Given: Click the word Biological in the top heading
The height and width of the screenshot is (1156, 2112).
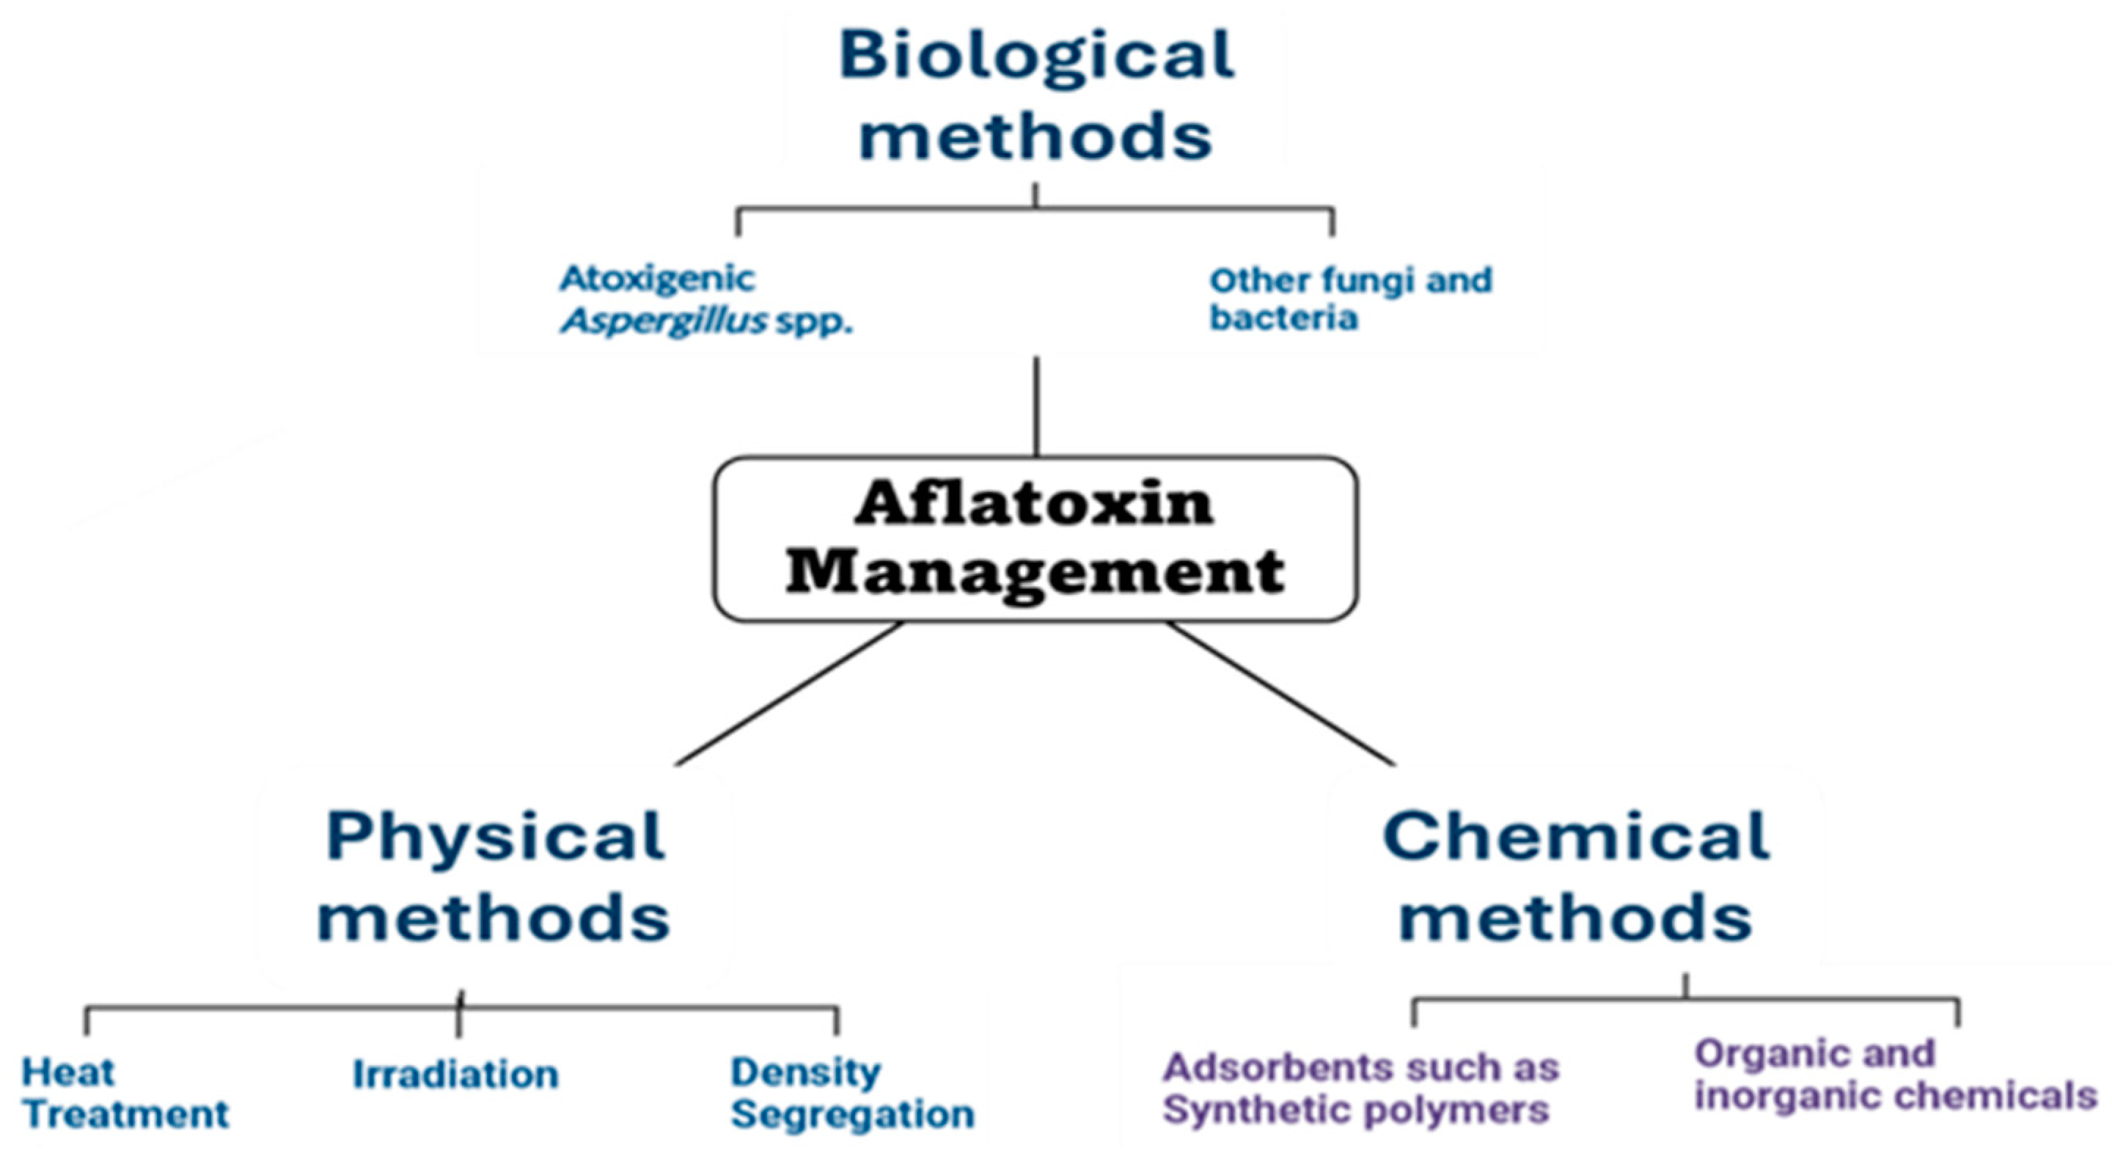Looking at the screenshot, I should pos(1035,54).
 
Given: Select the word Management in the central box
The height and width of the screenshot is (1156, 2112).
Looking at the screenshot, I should pos(1035,572).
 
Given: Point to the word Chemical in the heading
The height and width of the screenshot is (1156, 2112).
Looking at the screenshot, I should pos(1576,836).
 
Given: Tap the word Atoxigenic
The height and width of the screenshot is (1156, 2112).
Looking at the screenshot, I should pos(657,279).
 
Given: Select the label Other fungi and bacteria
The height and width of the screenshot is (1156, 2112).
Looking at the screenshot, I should pos(1350,299).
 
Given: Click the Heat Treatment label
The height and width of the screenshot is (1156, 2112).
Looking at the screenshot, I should pos(125,1092).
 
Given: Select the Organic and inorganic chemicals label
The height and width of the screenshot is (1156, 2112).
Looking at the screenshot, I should pos(1895,1074).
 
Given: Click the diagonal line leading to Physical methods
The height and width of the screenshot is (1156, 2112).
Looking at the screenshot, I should pos(789,694).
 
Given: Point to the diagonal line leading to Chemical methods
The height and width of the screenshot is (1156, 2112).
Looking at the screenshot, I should pos(1280,694).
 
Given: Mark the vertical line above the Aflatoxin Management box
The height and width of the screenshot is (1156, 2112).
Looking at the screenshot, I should pos(1036,406).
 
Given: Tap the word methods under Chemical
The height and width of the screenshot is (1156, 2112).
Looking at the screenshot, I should pos(1576,918).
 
